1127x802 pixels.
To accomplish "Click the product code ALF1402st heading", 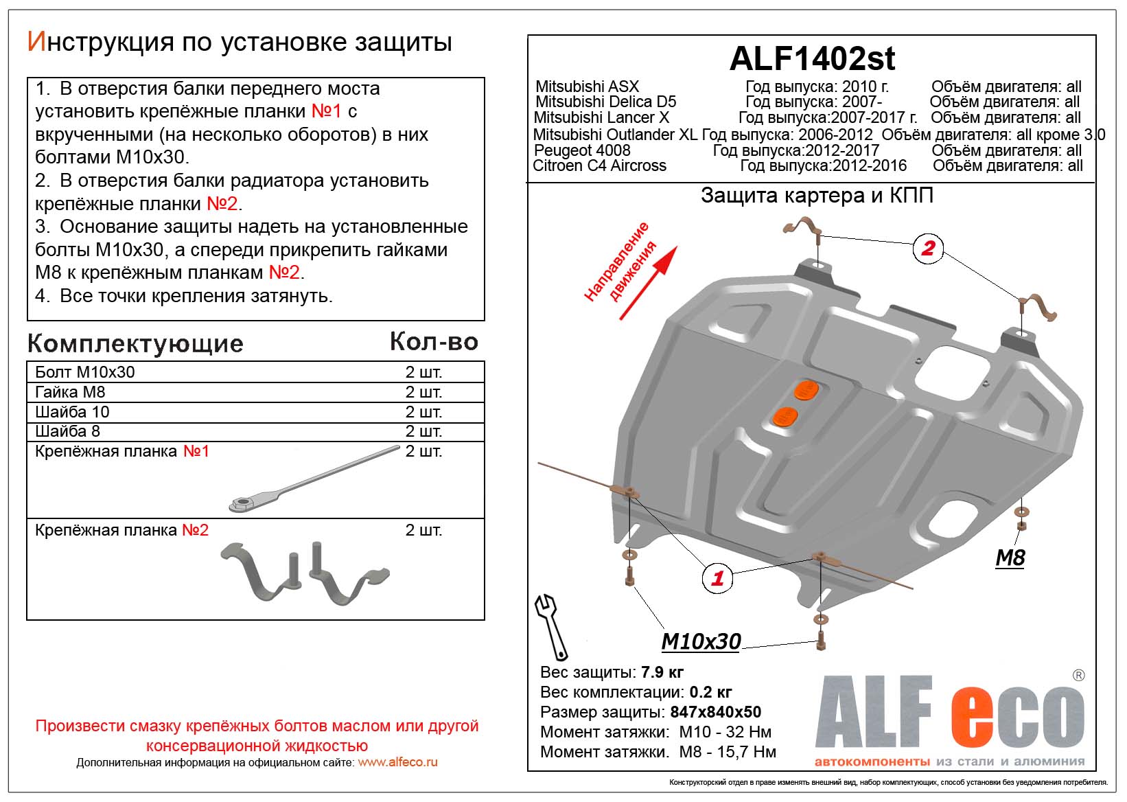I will (812, 59).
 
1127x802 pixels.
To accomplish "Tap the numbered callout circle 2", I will (928, 248).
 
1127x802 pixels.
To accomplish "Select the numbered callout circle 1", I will (717, 578).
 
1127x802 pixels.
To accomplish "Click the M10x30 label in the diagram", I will (701, 641).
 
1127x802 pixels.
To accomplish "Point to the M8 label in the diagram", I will (1010, 558).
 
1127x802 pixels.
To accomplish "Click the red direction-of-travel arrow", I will (648, 284).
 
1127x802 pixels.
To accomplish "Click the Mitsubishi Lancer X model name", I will (601, 118).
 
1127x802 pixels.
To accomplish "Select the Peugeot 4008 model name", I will (582, 150).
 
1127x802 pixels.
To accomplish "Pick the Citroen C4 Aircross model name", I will (600, 166).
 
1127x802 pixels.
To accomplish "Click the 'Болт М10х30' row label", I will (85, 372).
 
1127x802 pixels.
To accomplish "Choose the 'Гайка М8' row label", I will (70, 392).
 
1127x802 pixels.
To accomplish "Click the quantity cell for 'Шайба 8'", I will (423, 431).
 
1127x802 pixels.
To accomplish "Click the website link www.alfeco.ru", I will (397, 762).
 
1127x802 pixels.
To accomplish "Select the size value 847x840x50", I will (715, 712).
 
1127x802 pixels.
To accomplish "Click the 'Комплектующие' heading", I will (135, 343).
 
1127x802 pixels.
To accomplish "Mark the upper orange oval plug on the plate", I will (806, 389).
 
